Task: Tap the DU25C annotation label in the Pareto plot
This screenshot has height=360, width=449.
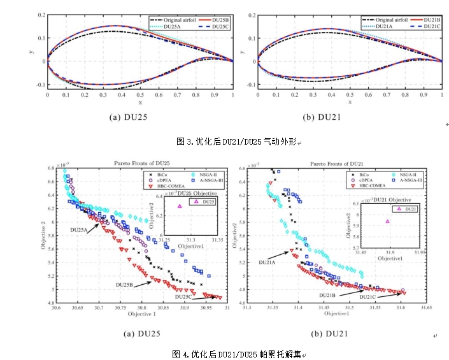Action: point(185,297)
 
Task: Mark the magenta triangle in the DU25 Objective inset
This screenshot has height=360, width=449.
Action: point(179,206)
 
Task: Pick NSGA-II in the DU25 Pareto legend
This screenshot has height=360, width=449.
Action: point(204,173)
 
